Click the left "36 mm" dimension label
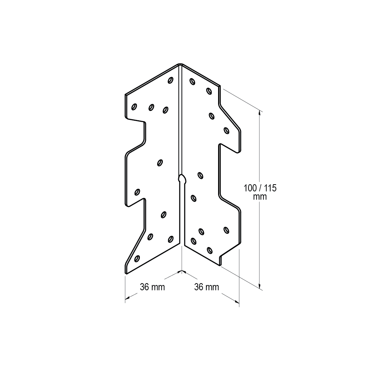(152, 287)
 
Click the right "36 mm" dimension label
(206, 287)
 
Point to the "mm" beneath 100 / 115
(260, 196)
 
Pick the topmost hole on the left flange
(170, 80)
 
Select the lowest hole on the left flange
(137, 258)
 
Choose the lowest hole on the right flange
(209, 249)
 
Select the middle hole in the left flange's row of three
(151, 108)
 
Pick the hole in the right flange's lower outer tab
(226, 229)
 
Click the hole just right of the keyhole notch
(200, 175)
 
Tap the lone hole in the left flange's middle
(160, 162)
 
